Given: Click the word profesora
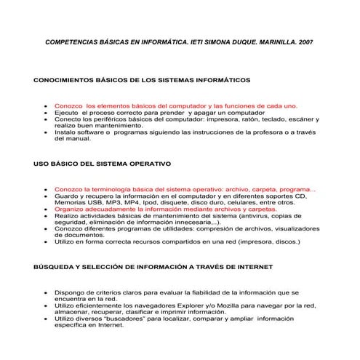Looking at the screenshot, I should coord(271,132).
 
